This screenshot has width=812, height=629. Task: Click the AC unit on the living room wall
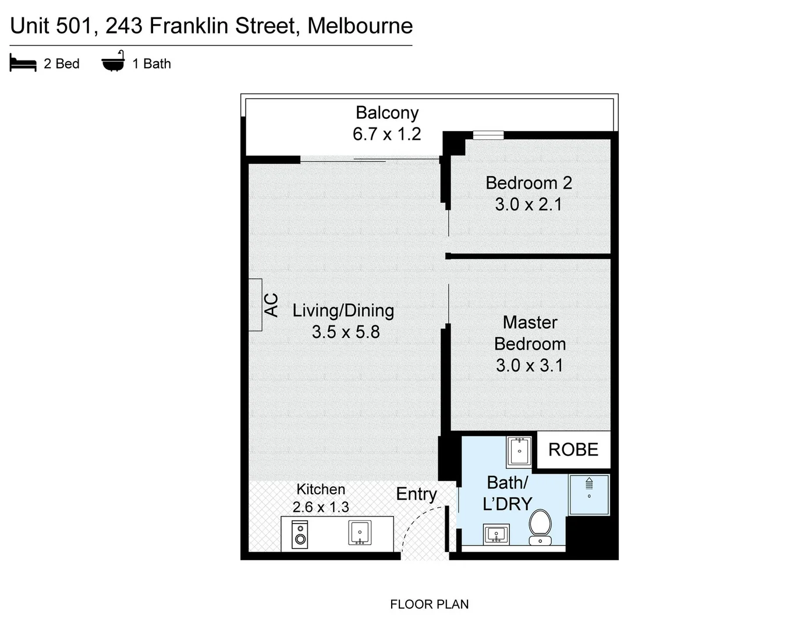[x=255, y=305]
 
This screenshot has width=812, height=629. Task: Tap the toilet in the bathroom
[x=540, y=525]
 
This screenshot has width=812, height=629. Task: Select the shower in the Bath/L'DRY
[x=589, y=494]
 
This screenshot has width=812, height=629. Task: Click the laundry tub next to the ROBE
[x=519, y=451]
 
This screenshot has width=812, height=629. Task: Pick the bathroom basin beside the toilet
[x=496, y=534]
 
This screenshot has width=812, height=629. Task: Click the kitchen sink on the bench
[x=360, y=532]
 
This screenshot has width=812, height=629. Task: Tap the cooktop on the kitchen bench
[x=300, y=534]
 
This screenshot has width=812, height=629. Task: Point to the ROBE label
[x=573, y=450]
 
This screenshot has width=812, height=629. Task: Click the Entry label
[x=416, y=494]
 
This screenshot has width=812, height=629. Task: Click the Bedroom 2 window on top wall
[x=488, y=136]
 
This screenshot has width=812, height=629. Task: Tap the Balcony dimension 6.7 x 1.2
[x=387, y=134]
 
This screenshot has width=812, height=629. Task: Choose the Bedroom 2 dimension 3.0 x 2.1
[x=529, y=204]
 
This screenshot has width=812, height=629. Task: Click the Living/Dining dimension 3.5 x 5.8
[x=345, y=332]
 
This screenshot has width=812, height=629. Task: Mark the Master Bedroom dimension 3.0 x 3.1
[x=529, y=365]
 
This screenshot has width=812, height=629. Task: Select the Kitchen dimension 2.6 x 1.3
[x=321, y=507]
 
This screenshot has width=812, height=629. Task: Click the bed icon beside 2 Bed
[x=23, y=63]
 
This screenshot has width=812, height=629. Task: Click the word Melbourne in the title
[x=360, y=26]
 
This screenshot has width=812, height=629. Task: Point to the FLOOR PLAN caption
[x=429, y=605]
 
